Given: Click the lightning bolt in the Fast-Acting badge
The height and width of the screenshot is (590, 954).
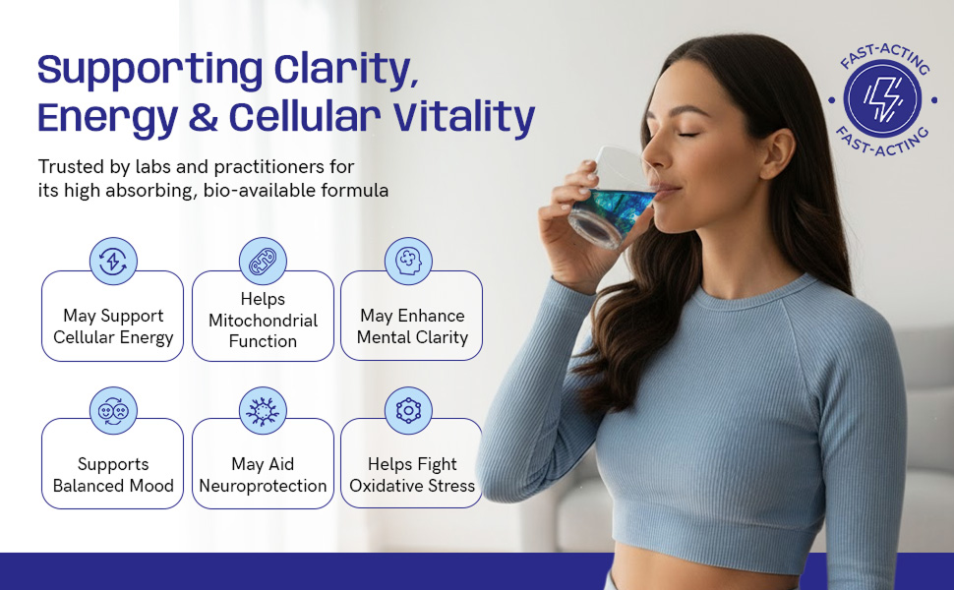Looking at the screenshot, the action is pyautogui.click(x=882, y=99).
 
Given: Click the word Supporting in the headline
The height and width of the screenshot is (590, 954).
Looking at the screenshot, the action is pyautogui.click(x=149, y=70).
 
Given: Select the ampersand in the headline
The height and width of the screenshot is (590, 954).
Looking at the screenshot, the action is pyautogui.click(x=204, y=117).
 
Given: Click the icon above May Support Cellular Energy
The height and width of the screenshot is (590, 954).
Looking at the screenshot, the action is pyautogui.click(x=113, y=261).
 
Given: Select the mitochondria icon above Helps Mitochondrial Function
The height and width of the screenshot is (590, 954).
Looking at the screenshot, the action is pyautogui.click(x=263, y=261).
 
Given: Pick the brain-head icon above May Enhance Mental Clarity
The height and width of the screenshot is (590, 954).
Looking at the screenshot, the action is pyautogui.click(x=408, y=261).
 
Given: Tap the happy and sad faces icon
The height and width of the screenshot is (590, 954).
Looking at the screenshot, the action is pyautogui.click(x=113, y=411).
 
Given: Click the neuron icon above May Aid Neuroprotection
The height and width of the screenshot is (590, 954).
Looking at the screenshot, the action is pyautogui.click(x=263, y=411).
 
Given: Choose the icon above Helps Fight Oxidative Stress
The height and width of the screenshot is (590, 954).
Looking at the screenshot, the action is pyautogui.click(x=408, y=411).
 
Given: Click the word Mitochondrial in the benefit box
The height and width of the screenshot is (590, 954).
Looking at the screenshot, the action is pyautogui.click(x=263, y=321).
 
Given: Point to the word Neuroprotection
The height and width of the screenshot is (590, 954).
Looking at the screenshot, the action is pyautogui.click(x=263, y=486).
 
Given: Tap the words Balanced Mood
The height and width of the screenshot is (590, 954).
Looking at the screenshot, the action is pyautogui.click(x=113, y=486).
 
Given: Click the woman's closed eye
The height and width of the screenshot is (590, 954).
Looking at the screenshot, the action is pyautogui.click(x=689, y=133).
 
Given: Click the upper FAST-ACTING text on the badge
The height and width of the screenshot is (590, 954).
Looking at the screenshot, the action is pyautogui.click(x=885, y=56).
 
